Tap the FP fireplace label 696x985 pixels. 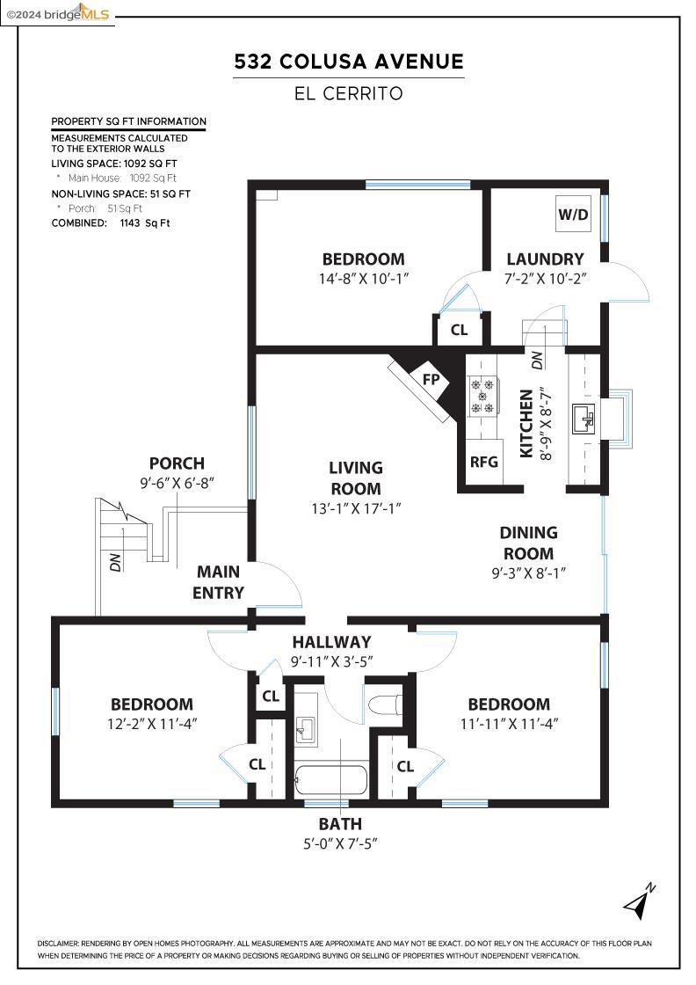(431, 380)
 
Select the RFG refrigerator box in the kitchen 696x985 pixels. (483, 462)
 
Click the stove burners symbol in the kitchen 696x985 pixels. (482, 395)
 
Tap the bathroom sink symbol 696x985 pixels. (305, 727)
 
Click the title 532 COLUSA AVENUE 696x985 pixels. (348, 62)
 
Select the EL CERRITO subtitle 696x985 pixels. (348, 93)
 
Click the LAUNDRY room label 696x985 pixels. (545, 259)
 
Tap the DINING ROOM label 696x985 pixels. (528, 543)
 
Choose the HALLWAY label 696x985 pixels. (331, 642)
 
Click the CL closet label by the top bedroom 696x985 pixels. (459, 331)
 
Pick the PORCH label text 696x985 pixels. (177, 463)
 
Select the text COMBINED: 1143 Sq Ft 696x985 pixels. (111, 223)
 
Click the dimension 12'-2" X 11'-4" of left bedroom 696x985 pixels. (151, 724)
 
